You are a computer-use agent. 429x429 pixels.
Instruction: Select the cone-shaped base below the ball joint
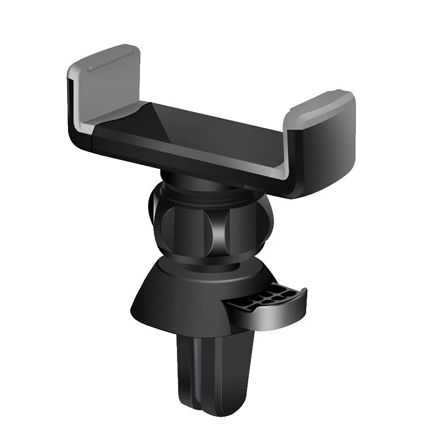click(177, 300)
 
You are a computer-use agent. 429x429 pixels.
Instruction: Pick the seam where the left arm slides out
click(94, 137)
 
